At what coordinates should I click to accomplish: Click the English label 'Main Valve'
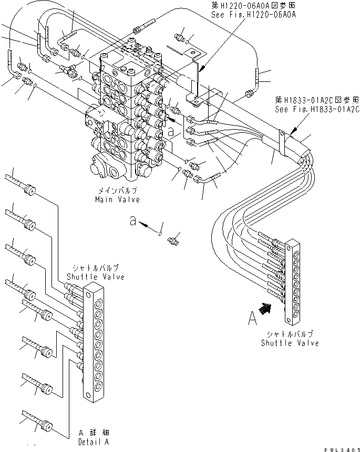coord(112,200)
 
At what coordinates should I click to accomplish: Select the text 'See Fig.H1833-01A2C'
coord(317,110)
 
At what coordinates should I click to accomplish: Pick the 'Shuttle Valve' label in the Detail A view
coord(96,277)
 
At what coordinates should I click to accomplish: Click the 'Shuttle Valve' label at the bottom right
coord(290,343)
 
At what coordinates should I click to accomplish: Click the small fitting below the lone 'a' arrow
coord(172,241)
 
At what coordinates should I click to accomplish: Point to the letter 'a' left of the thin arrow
coord(135,222)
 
